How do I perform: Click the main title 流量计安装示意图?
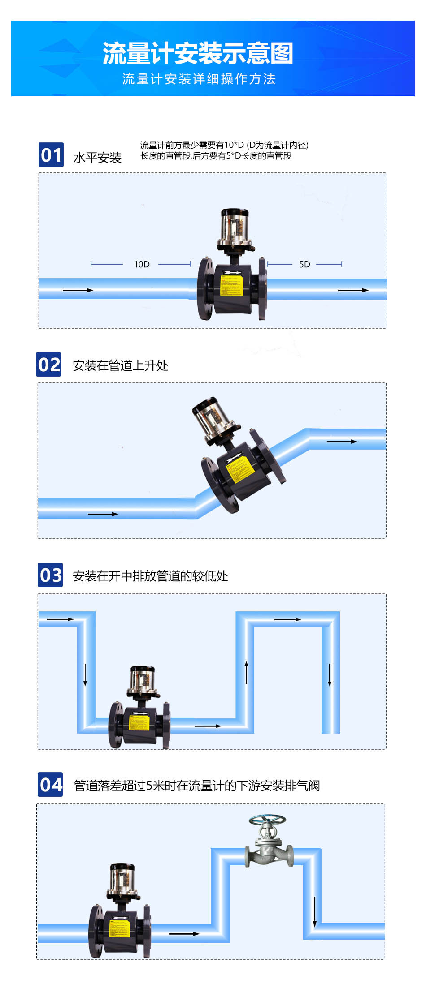pyautogui.click(x=198, y=54)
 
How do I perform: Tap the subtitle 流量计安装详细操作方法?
pyautogui.click(x=199, y=79)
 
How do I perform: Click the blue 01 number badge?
pyautogui.click(x=51, y=155)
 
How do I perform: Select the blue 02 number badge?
pyautogui.click(x=49, y=365)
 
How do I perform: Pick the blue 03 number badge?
pyautogui.click(x=50, y=575)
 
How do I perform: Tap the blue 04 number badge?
pyautogui.click(x=50, y=785)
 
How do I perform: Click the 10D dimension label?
pyautogui.click(x=142, y=264)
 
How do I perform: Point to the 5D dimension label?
pyautogui.click(x=304, y=264)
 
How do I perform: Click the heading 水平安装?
pyautogui.click(x=97, y=158)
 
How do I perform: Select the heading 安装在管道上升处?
pyautogui.click(x=120, y=365)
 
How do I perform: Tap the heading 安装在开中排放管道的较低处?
pyautogui.click(x=150, y=576)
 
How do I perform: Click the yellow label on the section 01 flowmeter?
pyautogui.click(x=231, y=286)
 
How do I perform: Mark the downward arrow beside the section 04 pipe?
pyautogui.click(x=315, y=911)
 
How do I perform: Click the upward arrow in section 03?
pyautogui.click(x=246, y=672)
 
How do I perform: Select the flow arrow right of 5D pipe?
pyautogui.click(x=353, y=290)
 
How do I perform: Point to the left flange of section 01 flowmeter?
pyautogui.click(x=205, y=288)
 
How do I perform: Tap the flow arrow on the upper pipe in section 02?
pyautogui.click(x=342, y=442)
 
